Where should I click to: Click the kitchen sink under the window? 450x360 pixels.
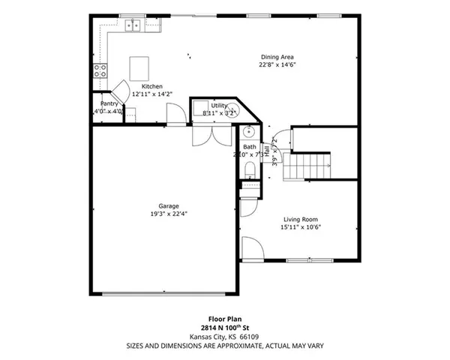pyautogui.click(x=134, y=26)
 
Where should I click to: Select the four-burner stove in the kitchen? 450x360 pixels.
pyautogui.click(x=100, y=71)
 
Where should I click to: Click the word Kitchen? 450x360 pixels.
pyautogui.click(x=153, y=87)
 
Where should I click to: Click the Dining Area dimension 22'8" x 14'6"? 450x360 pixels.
pyautogui.click(x=277, y=64)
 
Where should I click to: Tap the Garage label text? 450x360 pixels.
pyautogui.click(x=168, y=205)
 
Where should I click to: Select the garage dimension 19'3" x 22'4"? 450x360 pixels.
pyautogui.click(x=168, y=213)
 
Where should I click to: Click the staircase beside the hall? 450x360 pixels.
pyautogui.click(x=310, y=163)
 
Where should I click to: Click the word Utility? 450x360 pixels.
pyautogui.click(x=219, y=105)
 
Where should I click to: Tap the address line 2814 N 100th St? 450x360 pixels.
pyautogui.click(x=224, y=328)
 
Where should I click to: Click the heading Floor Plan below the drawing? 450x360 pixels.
pyautogui.click(x=224, y=319)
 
